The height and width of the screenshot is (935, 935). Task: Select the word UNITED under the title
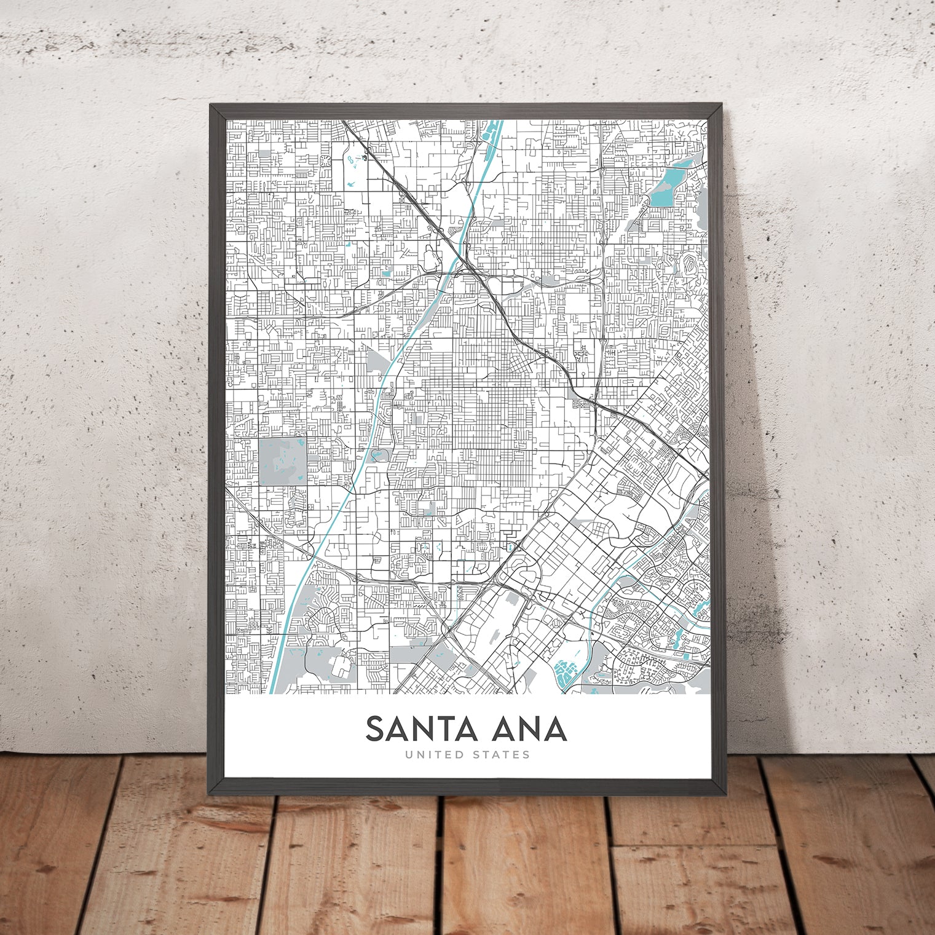pyautogui.click(x=433, y=755)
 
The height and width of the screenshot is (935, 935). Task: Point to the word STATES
pyautogui.click(x=502, y=755)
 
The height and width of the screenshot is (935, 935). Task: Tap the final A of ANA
pyautogui.click(x=555, y=729)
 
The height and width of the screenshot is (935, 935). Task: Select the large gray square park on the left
pyautogui.click(x=282, y=461)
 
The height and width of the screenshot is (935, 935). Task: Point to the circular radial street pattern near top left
pyautogui.click(x=325, y=161)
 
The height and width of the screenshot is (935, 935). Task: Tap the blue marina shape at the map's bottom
pyautogui.click(x=564, y=673)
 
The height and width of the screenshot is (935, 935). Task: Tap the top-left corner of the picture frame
pyautogui.click(x=211, y=105)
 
